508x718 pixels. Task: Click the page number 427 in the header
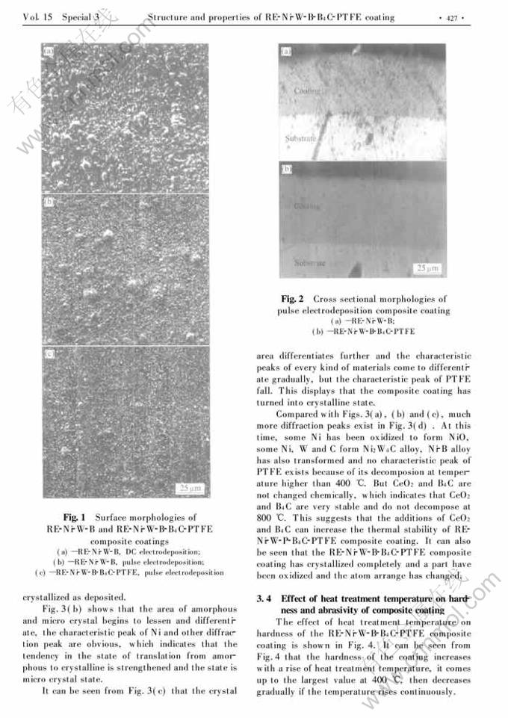coord(452,17)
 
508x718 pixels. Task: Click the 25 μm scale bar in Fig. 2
coord(427,267)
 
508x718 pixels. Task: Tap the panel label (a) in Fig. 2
coord(285,52)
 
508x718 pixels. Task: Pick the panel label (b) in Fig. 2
coord(285,170)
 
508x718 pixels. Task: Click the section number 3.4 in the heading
coord(262,599)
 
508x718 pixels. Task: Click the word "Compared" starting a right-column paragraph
coord(298,414)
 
